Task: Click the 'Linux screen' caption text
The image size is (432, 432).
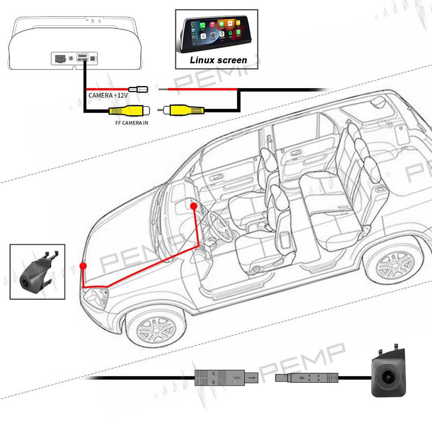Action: [218, 60]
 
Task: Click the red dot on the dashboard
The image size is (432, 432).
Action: [194, 206]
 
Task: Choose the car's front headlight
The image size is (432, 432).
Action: [97, 297]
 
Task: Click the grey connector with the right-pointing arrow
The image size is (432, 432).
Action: [226, 378]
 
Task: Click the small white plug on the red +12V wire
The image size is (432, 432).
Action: [140, 89]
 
